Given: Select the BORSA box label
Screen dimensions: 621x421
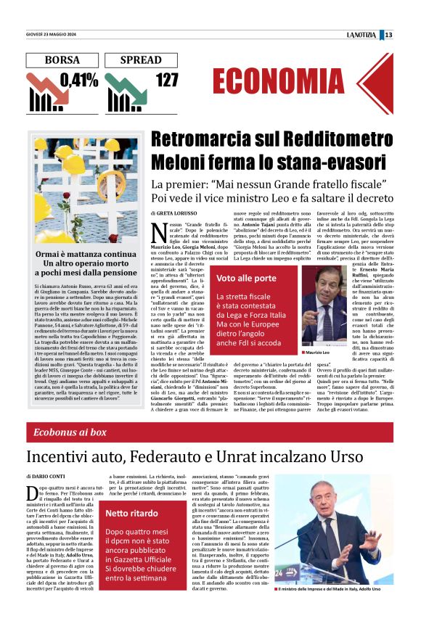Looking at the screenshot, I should tap(62, 60).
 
